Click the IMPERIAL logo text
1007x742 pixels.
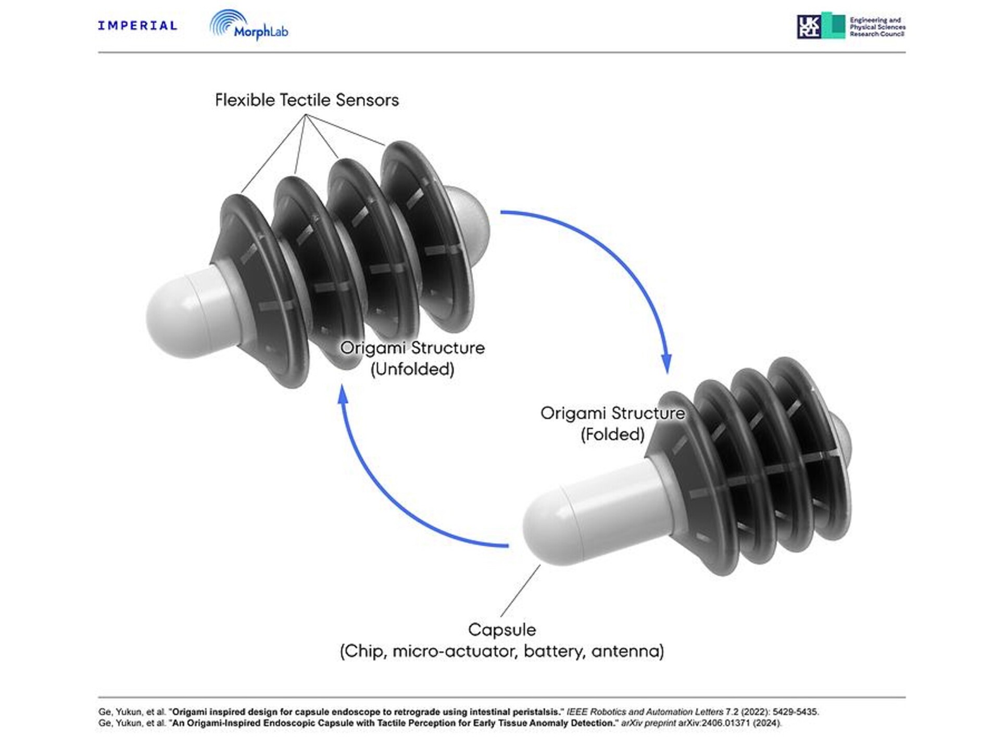coord(137,25)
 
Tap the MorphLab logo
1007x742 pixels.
coord(248,25)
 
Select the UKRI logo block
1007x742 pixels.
coord(820,25)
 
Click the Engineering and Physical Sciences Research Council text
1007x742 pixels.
coord(877,27)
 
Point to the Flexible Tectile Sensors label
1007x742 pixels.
coord(306,100)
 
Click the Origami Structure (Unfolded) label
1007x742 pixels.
coord(412,358)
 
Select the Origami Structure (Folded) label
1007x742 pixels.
coord(612,423)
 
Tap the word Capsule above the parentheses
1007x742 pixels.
coord(501,630)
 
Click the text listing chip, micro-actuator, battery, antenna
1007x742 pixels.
coord(501,651)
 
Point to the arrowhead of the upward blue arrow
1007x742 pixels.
coord(343,395)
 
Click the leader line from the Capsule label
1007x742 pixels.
coord(520,591)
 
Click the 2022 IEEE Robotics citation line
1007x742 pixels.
coord(458,711)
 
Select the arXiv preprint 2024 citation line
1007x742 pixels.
coord(440,723)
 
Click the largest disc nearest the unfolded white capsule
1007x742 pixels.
coord(260,291)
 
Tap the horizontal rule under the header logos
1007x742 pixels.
coord(501,52)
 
